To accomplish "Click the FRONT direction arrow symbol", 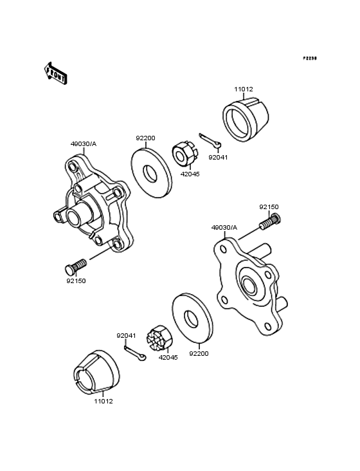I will (56, 73).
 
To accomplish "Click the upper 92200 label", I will (145, 138).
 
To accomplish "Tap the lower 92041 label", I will (126, 335).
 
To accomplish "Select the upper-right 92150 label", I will (269, 207).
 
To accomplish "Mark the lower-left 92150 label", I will (75, 281).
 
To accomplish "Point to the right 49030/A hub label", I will (224, 227).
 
